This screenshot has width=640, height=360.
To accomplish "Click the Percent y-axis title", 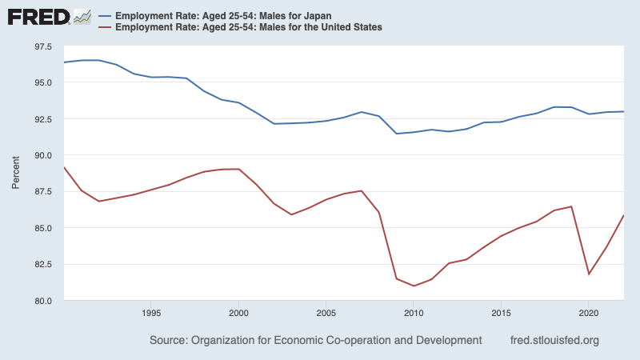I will click(x=16, y=174).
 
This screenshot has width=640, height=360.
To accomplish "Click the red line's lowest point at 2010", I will click(x=414, y=286).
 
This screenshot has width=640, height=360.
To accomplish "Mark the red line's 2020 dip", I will click(x=589, y=274).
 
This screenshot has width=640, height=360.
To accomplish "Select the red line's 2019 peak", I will click(x=571, y=206).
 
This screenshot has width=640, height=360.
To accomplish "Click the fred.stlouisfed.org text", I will click(x=554, y=341).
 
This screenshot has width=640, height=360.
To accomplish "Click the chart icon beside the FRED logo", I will click(x=82, y=16).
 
